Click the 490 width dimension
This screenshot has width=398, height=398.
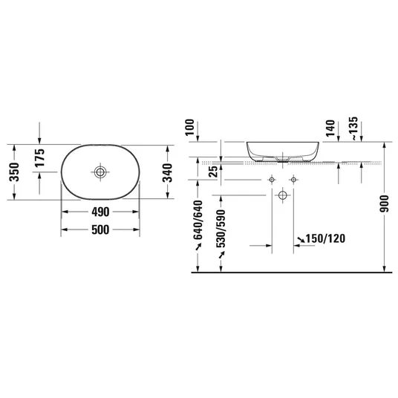100,212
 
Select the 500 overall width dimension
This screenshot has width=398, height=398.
100,229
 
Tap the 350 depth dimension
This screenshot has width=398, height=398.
14,172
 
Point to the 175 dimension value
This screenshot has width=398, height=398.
39,157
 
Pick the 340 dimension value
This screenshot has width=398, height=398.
167,173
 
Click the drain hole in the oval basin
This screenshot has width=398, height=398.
100,172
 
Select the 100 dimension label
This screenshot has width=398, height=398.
189,127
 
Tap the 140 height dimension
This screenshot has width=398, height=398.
330,128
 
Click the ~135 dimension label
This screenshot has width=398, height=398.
353,128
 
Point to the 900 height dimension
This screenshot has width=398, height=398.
385,203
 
